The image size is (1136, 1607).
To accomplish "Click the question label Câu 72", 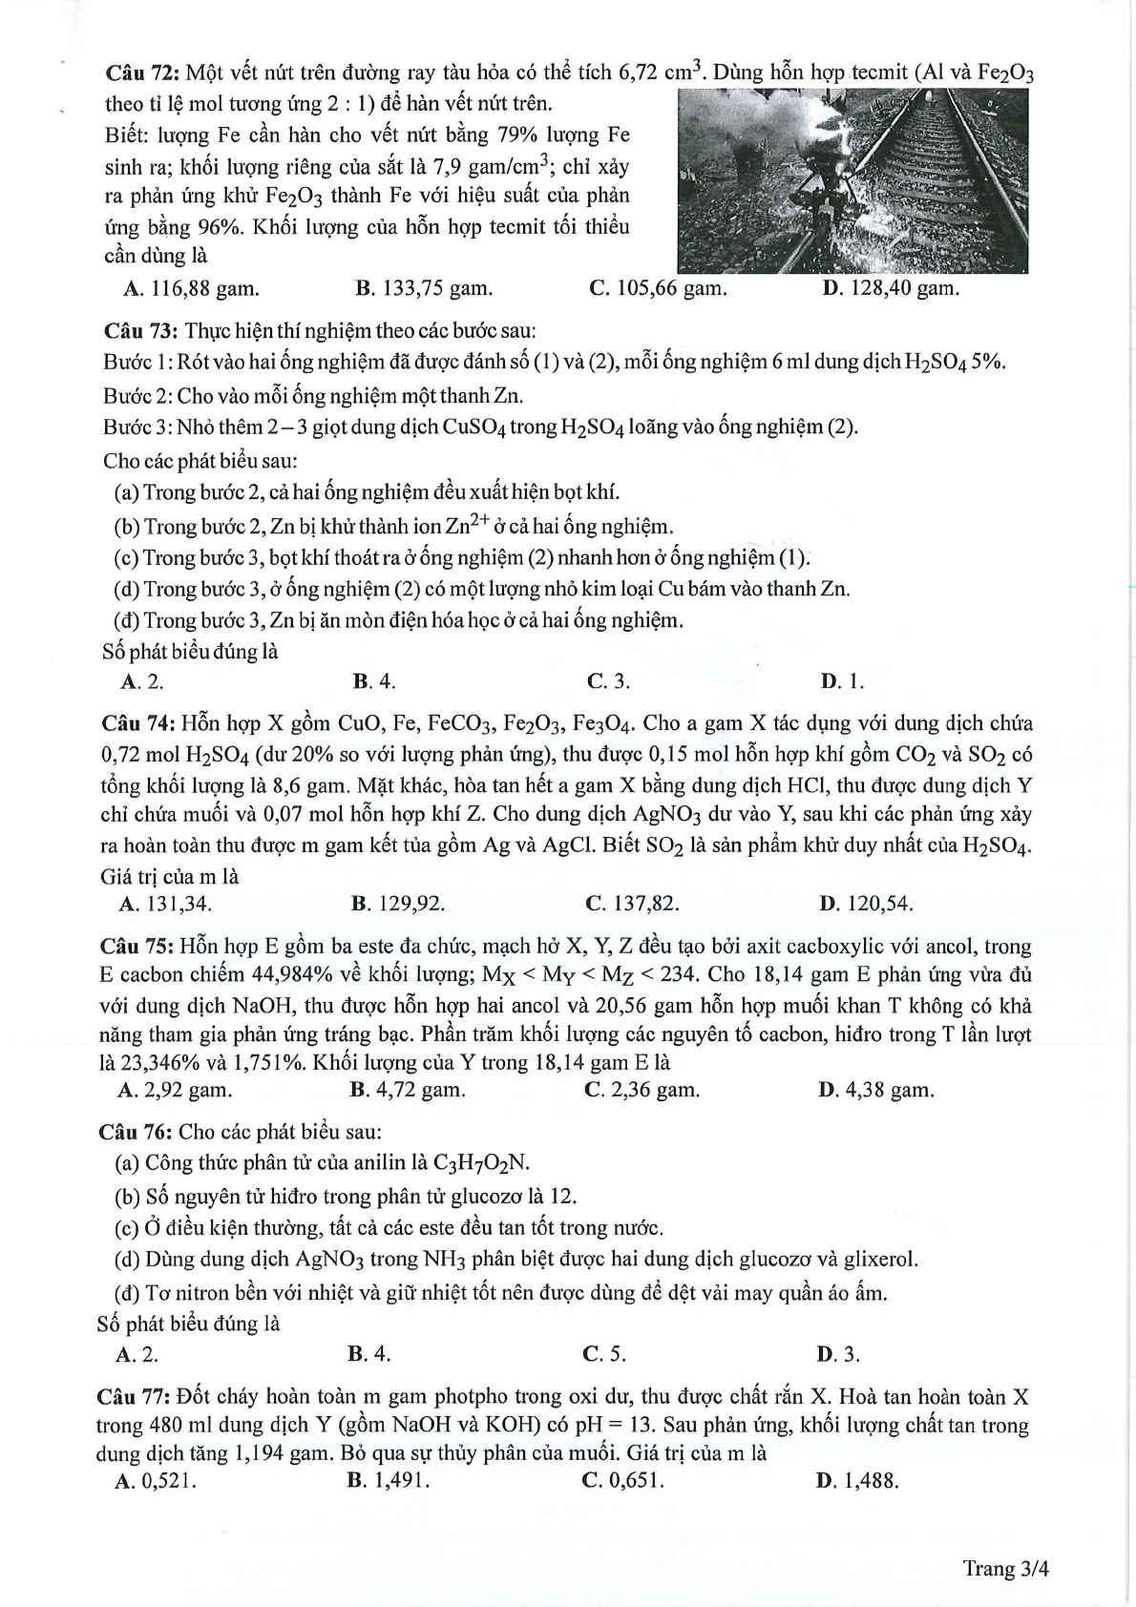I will click(x=142, y=73).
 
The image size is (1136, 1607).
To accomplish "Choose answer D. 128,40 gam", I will click(x=890, y=288).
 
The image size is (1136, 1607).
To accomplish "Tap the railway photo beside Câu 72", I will click(x=852, y=181).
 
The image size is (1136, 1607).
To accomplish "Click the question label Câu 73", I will click(x=141, y=331).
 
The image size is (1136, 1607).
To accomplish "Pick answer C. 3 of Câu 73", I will click(x=608, y=681).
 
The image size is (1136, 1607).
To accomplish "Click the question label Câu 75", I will click(x=136, y=947).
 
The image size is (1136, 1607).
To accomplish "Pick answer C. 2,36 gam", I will click(x=642, y=1090).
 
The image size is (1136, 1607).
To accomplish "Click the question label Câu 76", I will click(x=135, y=1132).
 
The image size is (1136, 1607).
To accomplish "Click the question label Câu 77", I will click(x=133, y=1397).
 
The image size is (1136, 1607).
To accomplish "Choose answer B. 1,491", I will click(x=389, y=1481).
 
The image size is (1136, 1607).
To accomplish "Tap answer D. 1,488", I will click(x=857, y=1481).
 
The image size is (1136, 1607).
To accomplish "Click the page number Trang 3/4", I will click(x=1005, y=1569).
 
